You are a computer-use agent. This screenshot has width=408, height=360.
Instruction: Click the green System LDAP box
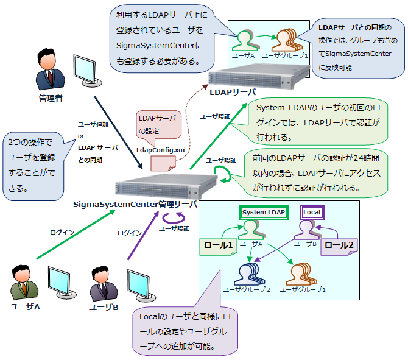[x=263, y=212]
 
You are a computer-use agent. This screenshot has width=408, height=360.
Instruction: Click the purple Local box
[x=312, y=212]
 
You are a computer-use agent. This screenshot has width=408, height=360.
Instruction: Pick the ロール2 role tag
[x=337, y=246]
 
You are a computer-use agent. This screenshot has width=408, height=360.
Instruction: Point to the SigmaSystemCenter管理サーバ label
[x=135, y=203]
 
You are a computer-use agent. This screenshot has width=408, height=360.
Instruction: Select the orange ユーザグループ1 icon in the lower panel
[x=303, y=271]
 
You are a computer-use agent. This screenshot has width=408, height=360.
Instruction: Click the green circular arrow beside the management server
[x=223, y=175]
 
